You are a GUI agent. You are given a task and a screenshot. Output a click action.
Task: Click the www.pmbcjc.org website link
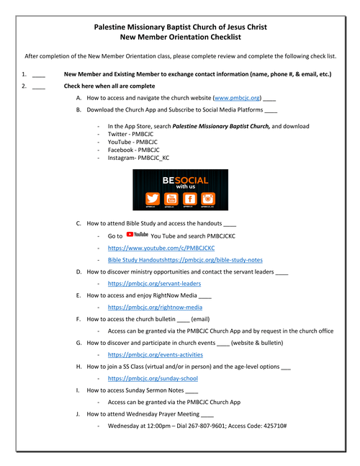(237, 98)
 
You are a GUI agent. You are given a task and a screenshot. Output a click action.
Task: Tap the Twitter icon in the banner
(153, 199)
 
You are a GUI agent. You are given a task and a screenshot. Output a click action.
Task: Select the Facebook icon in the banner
(190, 199)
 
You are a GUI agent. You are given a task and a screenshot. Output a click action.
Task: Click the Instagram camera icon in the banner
(208, 199)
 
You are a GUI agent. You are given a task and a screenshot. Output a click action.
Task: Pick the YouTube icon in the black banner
(171, 199)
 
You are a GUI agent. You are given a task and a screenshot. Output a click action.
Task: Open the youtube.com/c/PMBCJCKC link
(161, 248)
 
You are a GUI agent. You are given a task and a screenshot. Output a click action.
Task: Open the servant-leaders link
(154, 284)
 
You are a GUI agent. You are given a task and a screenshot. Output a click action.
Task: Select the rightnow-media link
(155, 308)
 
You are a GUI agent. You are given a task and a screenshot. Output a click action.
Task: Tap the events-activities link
(155, 354)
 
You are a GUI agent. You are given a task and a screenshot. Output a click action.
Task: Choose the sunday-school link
(153, 378)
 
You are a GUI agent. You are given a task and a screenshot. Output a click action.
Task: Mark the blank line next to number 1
(39, 77)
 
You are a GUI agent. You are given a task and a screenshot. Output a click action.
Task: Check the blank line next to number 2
(39, 89)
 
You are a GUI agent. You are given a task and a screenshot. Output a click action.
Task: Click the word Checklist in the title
(226, 37)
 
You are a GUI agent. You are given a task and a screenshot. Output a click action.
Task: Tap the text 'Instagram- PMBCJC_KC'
(138, 158)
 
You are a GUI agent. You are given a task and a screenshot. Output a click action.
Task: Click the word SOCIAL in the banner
(192, 180)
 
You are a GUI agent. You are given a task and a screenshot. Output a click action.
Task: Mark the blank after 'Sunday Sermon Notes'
(192, 393)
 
